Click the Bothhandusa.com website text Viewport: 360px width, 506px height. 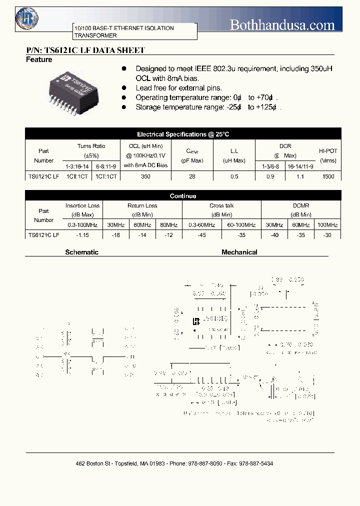click(x=282, y=24)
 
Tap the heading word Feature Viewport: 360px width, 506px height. click(x=39, y=60)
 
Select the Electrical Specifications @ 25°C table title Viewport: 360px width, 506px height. click(x=183, y=134)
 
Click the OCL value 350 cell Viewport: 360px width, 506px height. click(x=145, y=176)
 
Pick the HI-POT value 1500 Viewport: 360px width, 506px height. click(x=328, y=176)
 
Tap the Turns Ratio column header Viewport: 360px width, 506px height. click(x=91, y=146)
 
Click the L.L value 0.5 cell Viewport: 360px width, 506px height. click(x=234, y=176)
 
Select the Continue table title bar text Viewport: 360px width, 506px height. click(x=183, y=196)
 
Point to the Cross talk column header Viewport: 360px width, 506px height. click(x=221, y=205)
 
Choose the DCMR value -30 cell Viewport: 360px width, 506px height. click(x=328, y=234)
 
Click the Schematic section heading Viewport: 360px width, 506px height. click(x=82, y=252)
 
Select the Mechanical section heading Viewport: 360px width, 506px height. click(x=239, y=252)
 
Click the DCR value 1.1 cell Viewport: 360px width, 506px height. click(x=300, y=176)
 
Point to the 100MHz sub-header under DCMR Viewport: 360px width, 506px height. click(x=328, y=225)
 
